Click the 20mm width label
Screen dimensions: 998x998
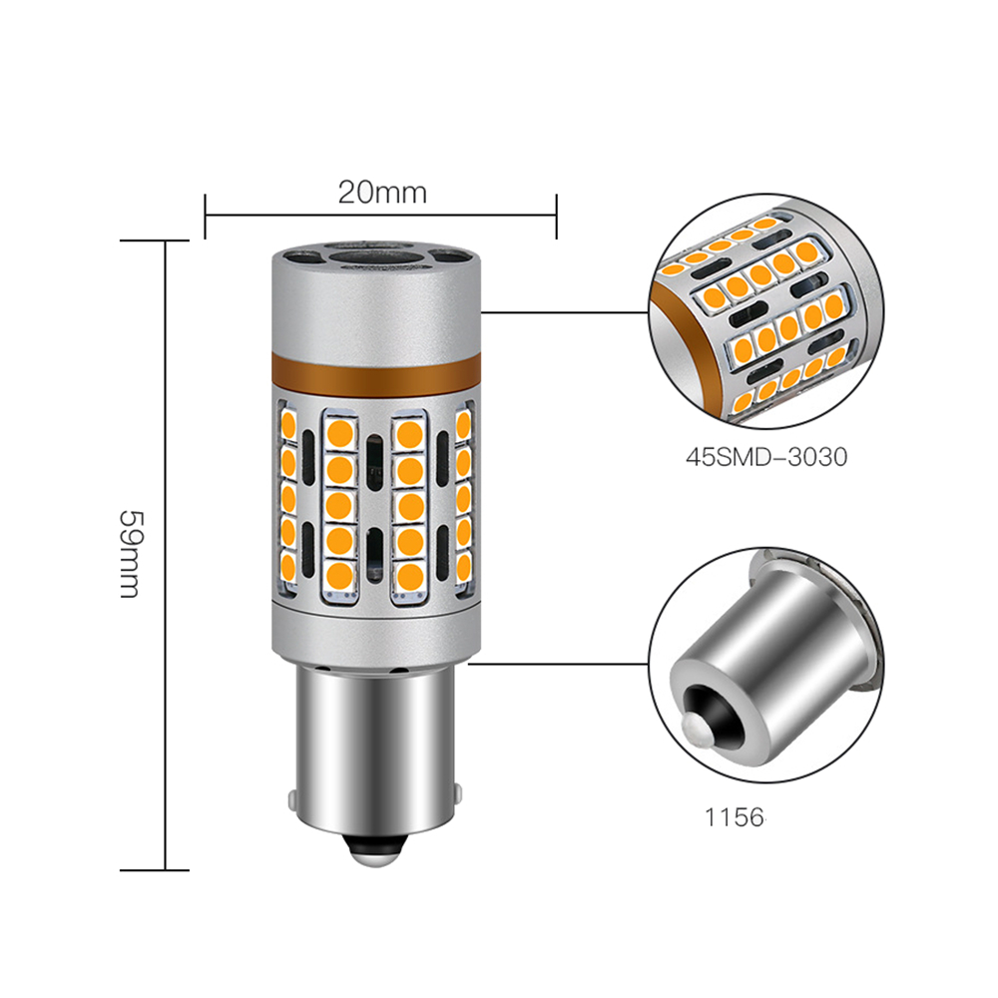point(381,192)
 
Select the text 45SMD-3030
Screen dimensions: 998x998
point(765,458)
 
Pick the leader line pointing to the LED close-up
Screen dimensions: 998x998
point(564,312)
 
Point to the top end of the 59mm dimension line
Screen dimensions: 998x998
point(165,241)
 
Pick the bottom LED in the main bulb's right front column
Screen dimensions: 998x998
point(409,576)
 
